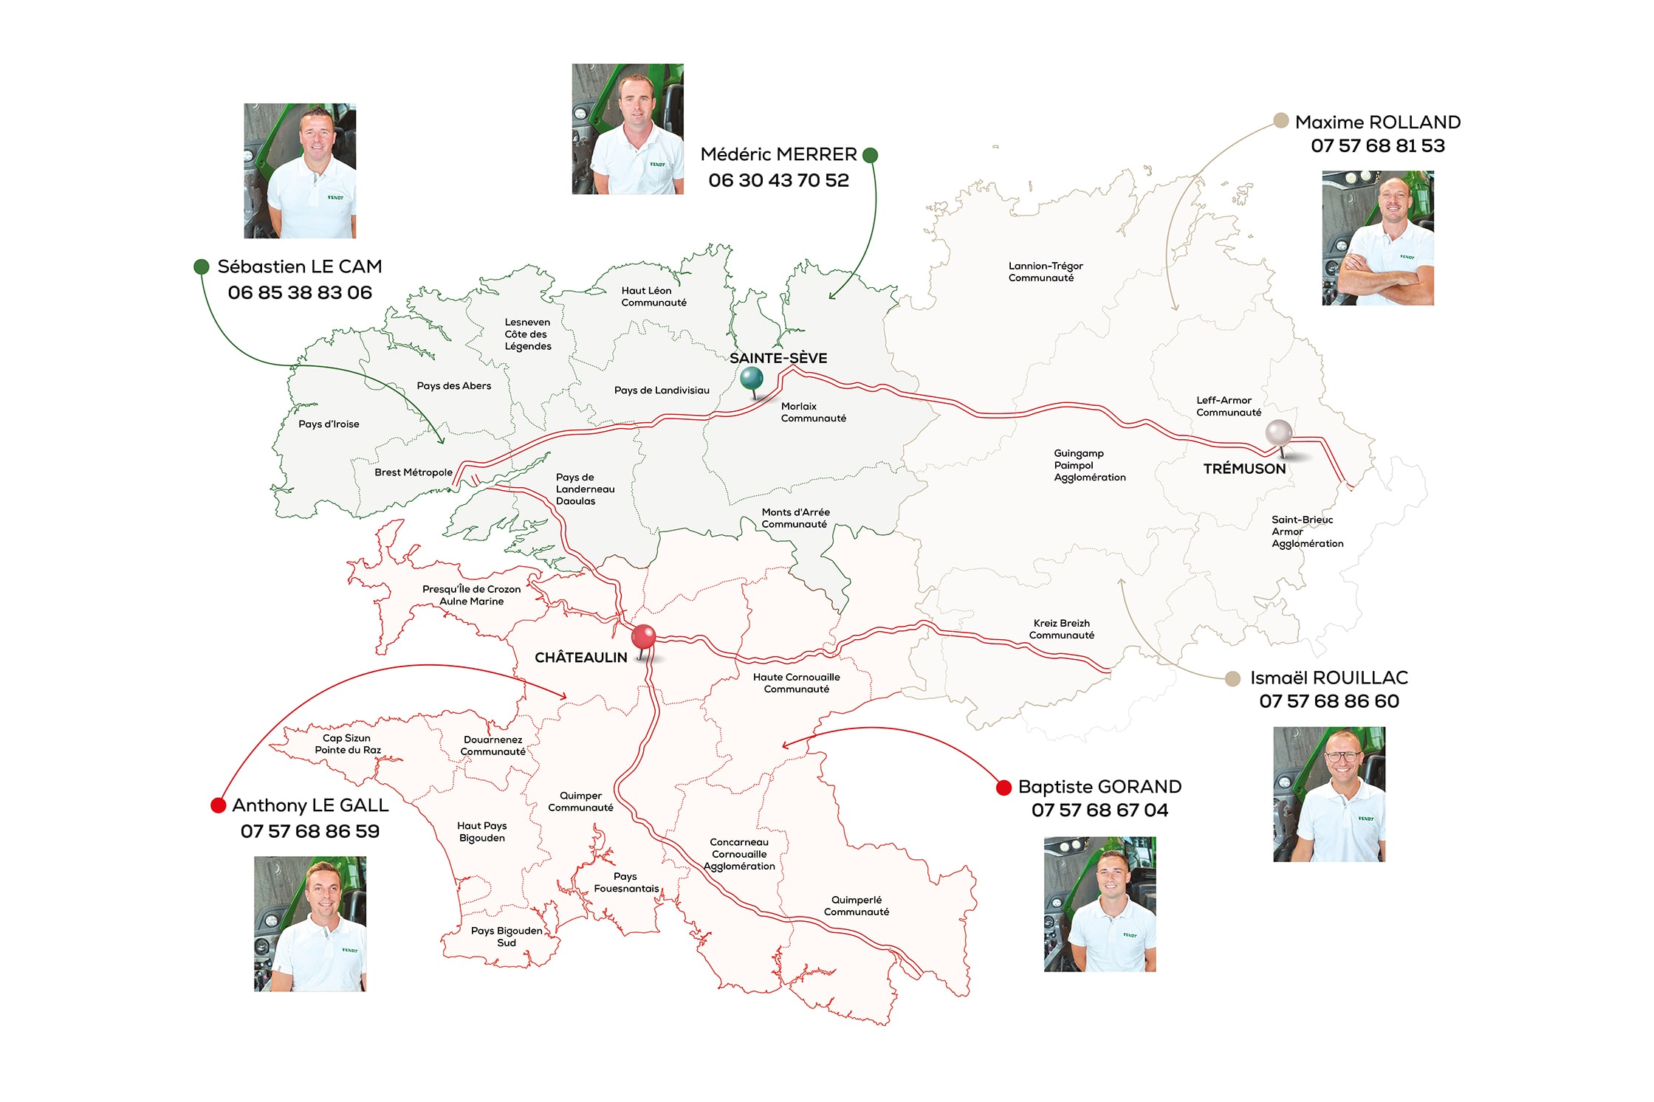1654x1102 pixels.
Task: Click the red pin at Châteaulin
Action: click(644, 637)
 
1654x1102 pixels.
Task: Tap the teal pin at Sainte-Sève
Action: click(752, 379)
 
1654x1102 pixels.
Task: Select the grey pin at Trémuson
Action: click(1279, 433)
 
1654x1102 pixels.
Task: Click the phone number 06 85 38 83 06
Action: click(300, 292)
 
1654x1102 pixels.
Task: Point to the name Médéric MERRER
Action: click(778, 154)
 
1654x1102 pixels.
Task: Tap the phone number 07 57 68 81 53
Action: click(1378, 145)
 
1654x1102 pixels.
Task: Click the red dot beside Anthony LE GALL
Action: click(218, 805)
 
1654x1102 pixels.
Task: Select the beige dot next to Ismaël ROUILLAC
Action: click(1232, 678)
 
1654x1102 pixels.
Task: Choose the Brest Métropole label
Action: click(413, 472)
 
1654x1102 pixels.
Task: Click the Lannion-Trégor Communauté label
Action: click(1046, 272)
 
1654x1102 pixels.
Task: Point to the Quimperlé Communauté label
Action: click(857, 906)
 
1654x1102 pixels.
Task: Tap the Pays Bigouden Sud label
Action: click(507, 937)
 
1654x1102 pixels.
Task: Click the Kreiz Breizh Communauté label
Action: click(1062, 629)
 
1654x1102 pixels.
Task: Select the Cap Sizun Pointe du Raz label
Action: click(347, 744)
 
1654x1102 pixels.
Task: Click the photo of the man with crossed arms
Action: click(1378, 238)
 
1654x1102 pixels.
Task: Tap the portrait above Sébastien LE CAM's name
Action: click(300, 171)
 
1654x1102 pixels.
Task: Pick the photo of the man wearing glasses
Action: click(1329, 794)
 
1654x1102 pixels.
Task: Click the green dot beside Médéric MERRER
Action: click(871, 155)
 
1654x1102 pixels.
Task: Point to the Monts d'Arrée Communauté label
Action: click(795, 518)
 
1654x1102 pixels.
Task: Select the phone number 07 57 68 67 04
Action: click(1099, 810)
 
